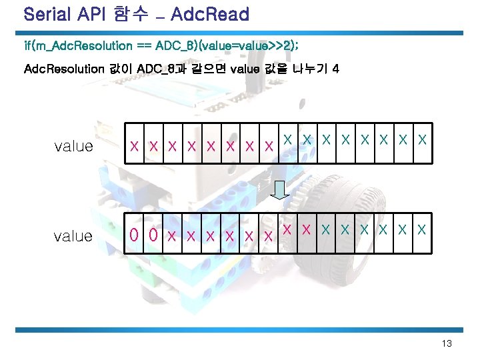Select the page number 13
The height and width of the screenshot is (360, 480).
coord(447,343)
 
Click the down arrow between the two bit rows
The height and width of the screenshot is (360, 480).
coord(281,189)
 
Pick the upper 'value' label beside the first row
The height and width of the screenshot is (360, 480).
coord(73,146)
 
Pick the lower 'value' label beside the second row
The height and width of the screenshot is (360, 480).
coord(73,235)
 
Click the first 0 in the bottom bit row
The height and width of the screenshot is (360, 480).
coord(135,235)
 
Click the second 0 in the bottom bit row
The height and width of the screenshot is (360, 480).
coord(153,235)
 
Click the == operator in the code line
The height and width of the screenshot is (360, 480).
coord(143,46)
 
